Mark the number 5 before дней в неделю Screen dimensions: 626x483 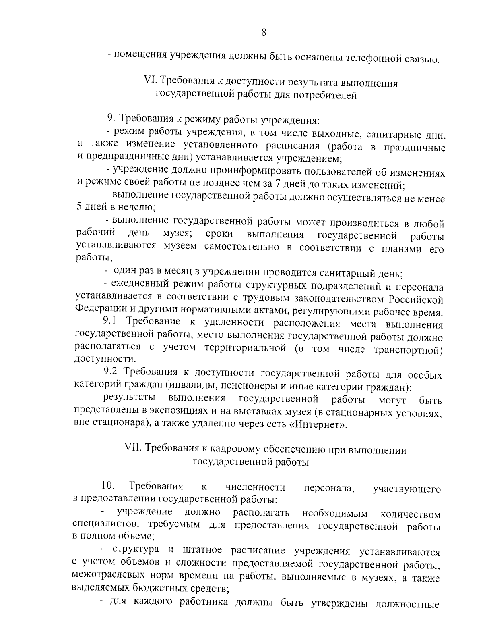point(79,208)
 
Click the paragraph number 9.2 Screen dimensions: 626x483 point(110,372)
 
